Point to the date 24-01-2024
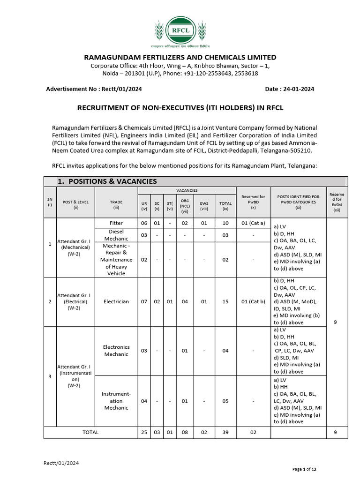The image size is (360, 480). coord(296,89)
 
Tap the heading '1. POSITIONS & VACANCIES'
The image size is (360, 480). coord(107,181)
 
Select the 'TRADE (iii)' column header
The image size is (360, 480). coord(116,205)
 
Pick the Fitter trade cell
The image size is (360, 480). coord(116,223)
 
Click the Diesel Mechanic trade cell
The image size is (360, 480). coord(116,235)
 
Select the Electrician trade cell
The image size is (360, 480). coord(116,301)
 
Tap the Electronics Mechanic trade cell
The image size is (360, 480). coord(116,351)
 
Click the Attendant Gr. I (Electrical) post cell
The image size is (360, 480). coord(74,301)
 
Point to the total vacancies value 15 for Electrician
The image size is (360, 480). coord(225,301)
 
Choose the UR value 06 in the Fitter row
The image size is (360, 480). coord(144,223)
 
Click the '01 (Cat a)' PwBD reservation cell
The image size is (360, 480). coord(253,223)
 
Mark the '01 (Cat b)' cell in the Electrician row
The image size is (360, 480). coord(253,301)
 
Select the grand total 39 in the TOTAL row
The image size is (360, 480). coord(225,433)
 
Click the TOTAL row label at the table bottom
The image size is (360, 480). coord(90,433)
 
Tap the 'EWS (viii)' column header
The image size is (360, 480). coord(204,205)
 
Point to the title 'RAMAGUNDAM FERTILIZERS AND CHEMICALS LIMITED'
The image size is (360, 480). coord(180,57)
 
